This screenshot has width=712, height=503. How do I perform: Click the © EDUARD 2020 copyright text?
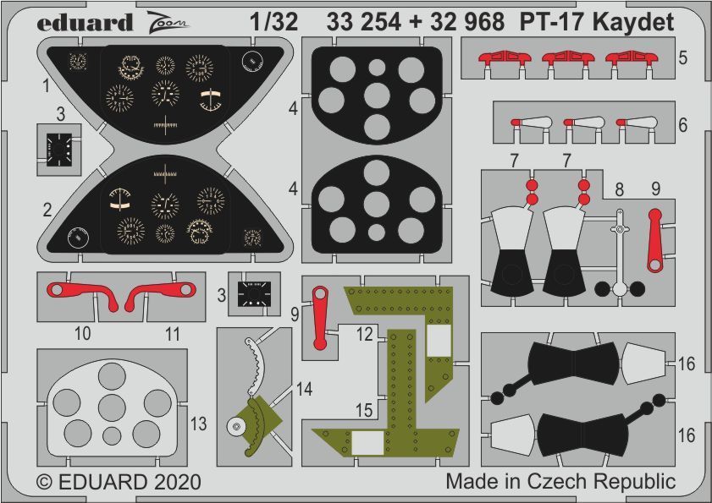pos(119,483)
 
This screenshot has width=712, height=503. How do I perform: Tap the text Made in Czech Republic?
pos(560,482)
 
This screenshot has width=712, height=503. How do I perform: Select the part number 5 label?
pos(682,59)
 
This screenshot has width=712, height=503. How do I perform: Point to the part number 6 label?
pos(682,124)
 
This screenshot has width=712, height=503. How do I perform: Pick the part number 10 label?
pos(82,334)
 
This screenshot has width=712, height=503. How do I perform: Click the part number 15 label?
pos(364,409)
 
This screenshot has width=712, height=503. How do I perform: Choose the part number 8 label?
pos(619,191)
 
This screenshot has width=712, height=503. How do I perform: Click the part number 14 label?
pos(304,389)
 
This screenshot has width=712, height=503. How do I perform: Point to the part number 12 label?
pos(364,334)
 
